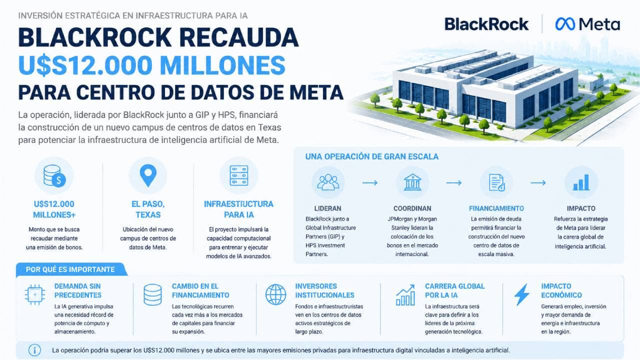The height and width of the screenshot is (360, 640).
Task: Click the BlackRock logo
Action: click(486, 24)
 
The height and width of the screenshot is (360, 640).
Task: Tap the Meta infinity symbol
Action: click(565, 24)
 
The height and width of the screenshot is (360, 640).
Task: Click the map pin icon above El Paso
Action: click(148, 175)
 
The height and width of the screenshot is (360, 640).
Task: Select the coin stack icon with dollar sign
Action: click(54, 176)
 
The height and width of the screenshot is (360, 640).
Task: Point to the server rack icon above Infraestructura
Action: click(239, 175)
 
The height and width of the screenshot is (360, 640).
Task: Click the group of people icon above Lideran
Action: click(328, 182)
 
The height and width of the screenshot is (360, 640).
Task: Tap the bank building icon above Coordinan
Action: click(412, 182)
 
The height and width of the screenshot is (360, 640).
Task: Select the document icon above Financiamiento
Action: click(497, 182)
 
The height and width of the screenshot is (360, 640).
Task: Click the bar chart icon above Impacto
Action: click(581, 182)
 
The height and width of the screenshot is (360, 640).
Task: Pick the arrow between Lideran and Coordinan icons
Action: click(370, 182)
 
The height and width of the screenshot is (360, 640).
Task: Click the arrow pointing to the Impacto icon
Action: click(538, 182)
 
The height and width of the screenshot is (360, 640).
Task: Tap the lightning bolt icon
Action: click(521, 294)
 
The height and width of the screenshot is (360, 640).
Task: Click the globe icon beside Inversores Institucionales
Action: click(275, 294)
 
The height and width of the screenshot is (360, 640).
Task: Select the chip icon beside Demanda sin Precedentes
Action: click(35, 294)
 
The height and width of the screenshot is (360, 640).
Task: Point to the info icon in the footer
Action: click(34, 350)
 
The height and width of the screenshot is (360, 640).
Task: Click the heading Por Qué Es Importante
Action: click(70, 269)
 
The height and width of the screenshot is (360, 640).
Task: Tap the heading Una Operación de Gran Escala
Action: click(372, 156)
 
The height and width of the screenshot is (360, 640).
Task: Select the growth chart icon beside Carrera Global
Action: click(405, 295)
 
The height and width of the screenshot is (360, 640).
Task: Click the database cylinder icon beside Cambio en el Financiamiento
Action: click(152, 294)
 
